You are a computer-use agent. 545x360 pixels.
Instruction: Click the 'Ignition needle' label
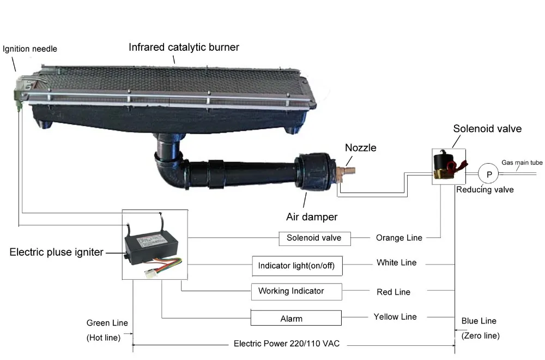[x=30, y=49]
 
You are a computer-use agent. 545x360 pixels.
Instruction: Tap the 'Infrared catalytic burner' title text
[x=184, y=47]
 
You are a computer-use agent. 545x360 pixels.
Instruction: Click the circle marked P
[x=489, y=174]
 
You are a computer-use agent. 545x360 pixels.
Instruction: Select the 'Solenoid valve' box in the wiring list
[x=313, y=238]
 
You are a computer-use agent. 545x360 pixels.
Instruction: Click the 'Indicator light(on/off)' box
[x=296, y=266]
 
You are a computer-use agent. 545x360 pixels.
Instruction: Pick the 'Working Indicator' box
[x=296, y=291]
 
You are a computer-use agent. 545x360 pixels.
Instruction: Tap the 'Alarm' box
[x=295, y=319]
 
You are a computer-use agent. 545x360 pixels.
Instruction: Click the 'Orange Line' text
[x=398, y=238]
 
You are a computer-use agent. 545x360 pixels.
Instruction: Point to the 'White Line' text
[x=396, y=263]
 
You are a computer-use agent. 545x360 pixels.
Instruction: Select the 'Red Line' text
[x=393, y=292]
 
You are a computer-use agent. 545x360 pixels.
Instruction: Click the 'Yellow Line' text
[x=395, y=317]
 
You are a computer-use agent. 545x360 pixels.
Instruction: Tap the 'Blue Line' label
[x=479, y=321]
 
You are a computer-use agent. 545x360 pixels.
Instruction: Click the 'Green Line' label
[x=107, y=323]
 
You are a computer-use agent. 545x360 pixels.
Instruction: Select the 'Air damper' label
[x=312, y=217]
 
